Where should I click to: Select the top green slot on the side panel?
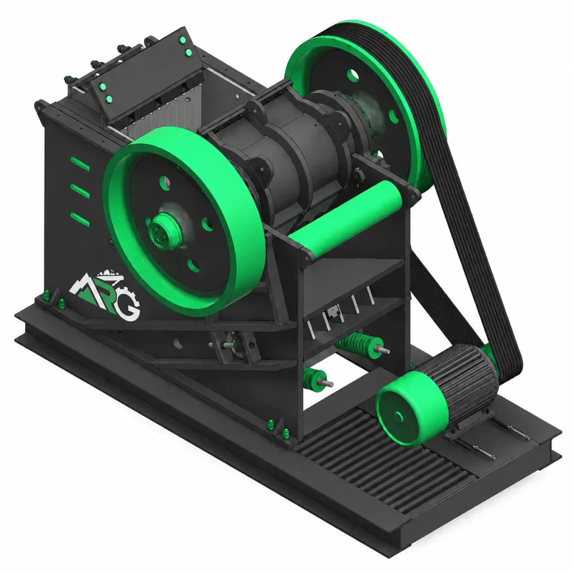point(80,164)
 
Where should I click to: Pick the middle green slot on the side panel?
point(80,191)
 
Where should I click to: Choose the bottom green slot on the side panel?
point(80,218)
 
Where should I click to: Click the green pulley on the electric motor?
point(412,408)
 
